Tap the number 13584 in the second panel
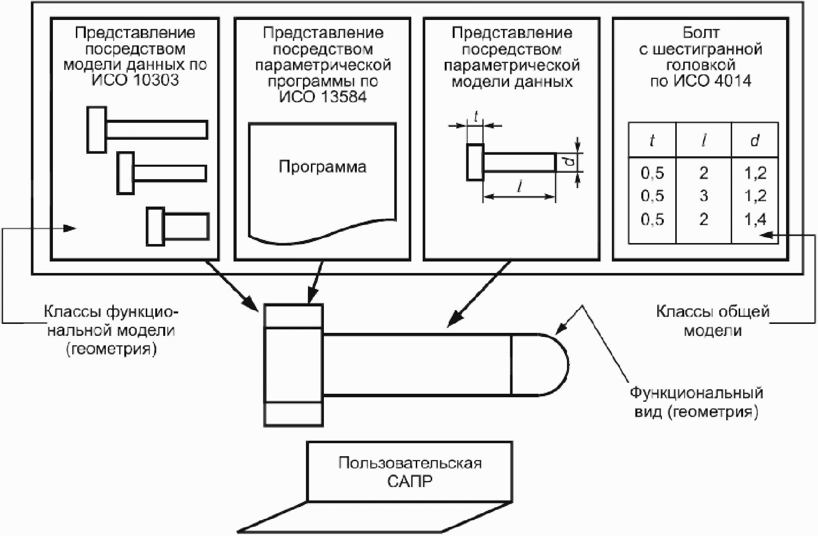(x=343, y=97)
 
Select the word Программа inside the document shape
(x=322, y=167)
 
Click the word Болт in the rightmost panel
(x=701, y=33)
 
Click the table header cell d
(x=755, y=140)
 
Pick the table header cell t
(x=652, y=141)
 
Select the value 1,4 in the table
(x=755, y=220)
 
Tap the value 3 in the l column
(x=704, y=196)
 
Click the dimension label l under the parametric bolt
(x=519, y=187)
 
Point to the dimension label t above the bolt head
(x=476, y=116)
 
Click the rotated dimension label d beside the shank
(x=571, y=162)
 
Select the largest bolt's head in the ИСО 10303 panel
(x=97, y=130)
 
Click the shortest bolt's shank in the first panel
(x=187, y=227)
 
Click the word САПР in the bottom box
(x=410, y=481)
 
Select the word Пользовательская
(x=410, y=463)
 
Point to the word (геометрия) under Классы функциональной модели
(x=112, y=349)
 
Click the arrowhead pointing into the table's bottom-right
(x=767, y=235)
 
